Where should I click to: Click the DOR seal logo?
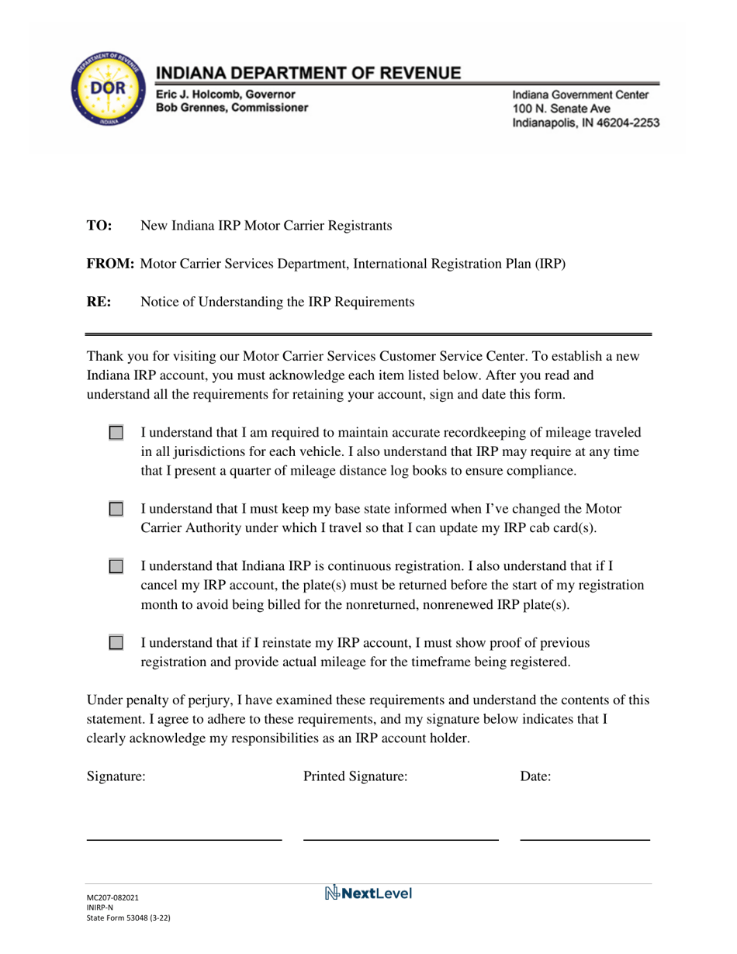107,97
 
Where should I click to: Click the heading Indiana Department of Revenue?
309,74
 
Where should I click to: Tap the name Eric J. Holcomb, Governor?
225,94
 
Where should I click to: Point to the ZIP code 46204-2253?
616,123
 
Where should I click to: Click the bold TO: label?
99,226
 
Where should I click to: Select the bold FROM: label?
110,264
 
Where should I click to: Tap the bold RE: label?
99,302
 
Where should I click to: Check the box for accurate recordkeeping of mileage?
116,433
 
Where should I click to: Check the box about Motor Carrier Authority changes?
116,510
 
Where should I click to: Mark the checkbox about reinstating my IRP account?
116,643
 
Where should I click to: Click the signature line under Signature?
183,838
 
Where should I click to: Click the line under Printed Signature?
400,838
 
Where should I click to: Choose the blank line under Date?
584,838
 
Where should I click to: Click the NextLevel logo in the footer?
368,894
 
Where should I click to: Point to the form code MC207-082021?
113,897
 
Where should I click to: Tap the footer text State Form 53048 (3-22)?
128,917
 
